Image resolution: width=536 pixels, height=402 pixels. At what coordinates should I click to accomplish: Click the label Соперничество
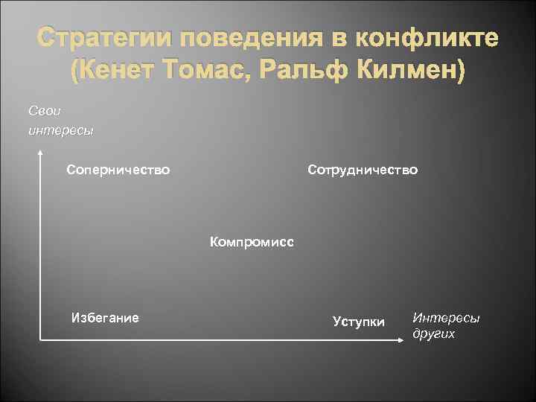point(118,170)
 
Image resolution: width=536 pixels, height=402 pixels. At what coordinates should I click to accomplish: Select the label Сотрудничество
point(363,170)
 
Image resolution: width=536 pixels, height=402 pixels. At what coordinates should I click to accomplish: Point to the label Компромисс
point(252,242)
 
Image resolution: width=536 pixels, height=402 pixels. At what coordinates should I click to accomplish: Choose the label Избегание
point(104,318)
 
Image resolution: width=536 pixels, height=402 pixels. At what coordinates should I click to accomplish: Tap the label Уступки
point(359,322)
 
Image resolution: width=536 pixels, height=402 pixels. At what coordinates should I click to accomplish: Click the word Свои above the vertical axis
point(42,110)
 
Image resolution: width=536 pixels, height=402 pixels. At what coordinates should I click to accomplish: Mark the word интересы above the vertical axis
point(60,131)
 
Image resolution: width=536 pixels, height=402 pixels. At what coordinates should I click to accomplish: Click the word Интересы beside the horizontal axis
point(447,318)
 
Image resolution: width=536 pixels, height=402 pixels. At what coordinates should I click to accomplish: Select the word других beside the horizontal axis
point(434,334)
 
